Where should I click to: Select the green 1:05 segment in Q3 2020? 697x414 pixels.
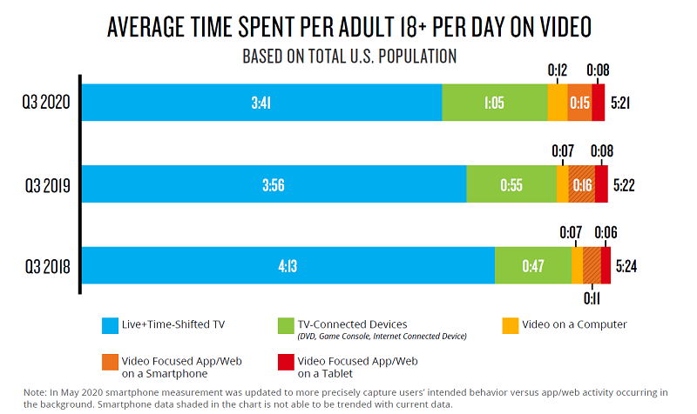click(494, 103)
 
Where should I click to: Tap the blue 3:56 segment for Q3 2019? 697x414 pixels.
click(275, 184)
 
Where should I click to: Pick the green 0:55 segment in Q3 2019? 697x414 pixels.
click(511, 184)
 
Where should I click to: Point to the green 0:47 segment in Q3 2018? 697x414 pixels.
click(532, 265)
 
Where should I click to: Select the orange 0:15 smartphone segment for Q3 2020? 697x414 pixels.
click(579, 103)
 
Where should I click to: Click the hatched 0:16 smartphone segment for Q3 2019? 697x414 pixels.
click(582, 184)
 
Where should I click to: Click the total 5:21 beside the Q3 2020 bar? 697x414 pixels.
click(621, 103)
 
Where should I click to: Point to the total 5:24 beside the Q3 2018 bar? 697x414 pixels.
click(626, 265)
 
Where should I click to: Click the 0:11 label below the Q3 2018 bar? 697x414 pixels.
click(592, 297)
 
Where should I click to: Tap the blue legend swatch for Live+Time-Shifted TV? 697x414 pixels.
click(110, 326)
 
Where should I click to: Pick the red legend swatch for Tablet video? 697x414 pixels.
click(285, 362)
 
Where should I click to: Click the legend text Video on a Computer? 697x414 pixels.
click(575, 325)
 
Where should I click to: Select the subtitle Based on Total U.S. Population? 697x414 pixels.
click(348, 56)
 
